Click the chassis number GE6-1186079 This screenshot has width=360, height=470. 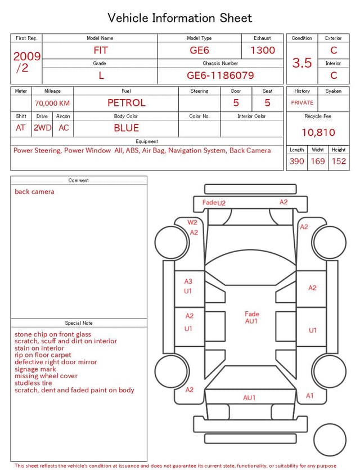[x=220, y=75]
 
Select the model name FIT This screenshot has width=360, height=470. [x=101, y=50]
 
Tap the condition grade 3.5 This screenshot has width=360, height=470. [x=302, y=62]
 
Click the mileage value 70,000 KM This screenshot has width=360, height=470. [x=52, y=103]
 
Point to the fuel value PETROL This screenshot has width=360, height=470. [x=127, y=103]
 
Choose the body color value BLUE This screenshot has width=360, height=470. [x=127, y=128]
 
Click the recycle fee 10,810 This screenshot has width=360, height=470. [x=318, y=132]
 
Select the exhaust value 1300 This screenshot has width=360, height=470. [x=263, y=50]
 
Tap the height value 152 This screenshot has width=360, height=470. [x=339, y=161]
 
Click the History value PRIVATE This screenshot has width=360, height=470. [x=302, y=102]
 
